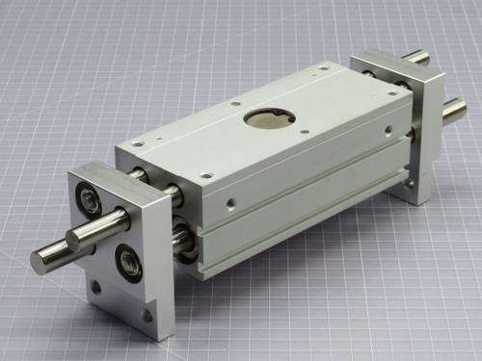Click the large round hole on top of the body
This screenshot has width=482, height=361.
pos(266,117)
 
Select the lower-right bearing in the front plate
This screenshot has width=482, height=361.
pos(128,261)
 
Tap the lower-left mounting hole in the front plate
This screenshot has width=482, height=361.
pos(95,286)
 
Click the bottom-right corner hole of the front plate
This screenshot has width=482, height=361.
pos(147,315)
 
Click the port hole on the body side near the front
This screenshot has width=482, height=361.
pos(230,203)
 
